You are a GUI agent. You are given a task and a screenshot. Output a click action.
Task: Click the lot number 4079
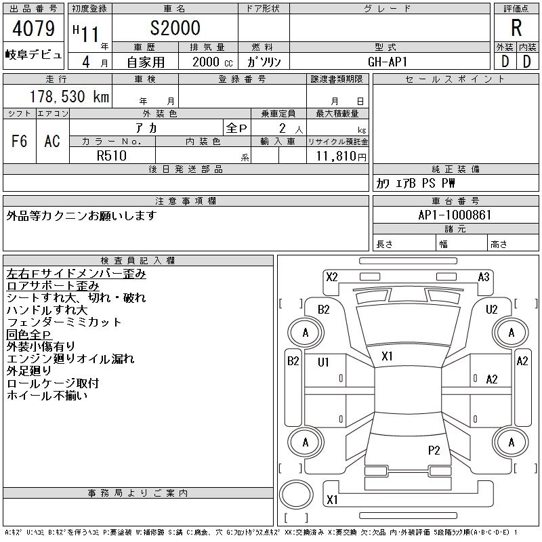coord(33,28)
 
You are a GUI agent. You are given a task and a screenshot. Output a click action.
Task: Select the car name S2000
coord(175,28)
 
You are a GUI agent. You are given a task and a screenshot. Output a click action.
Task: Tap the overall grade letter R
coord(516,28)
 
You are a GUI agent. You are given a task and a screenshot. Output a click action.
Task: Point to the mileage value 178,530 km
coord(70,96)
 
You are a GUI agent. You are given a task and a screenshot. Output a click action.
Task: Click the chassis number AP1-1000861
coord(455,215)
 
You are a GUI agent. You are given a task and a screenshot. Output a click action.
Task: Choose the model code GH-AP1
coord(388,62)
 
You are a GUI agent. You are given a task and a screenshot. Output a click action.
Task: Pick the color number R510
coord(112,156)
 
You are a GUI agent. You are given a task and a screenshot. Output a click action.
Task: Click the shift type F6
coord(20,141)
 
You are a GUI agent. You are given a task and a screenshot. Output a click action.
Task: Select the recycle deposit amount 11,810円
coord(341,157)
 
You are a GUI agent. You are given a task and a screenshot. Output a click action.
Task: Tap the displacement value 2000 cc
coord(213,62)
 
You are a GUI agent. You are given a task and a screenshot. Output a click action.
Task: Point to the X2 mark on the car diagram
coord(332,277)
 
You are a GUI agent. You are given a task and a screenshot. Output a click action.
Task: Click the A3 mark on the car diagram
coord(484,277)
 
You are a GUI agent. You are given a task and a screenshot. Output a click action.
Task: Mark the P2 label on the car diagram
coord(434,450)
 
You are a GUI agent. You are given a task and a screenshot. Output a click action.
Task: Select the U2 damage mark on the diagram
coord(491,309)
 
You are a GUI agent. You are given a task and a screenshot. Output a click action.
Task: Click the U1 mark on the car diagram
coord(323,362)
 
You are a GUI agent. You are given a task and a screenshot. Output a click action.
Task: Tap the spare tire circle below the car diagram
coord(296,495)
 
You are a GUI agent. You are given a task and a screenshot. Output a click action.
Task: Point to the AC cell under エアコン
coord(52,141)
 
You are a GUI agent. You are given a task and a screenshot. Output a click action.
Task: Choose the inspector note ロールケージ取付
coord(53,383)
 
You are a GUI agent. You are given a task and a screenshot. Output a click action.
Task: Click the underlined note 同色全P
coord(29,334)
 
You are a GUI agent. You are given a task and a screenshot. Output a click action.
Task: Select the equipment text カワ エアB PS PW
coord(415,183)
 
